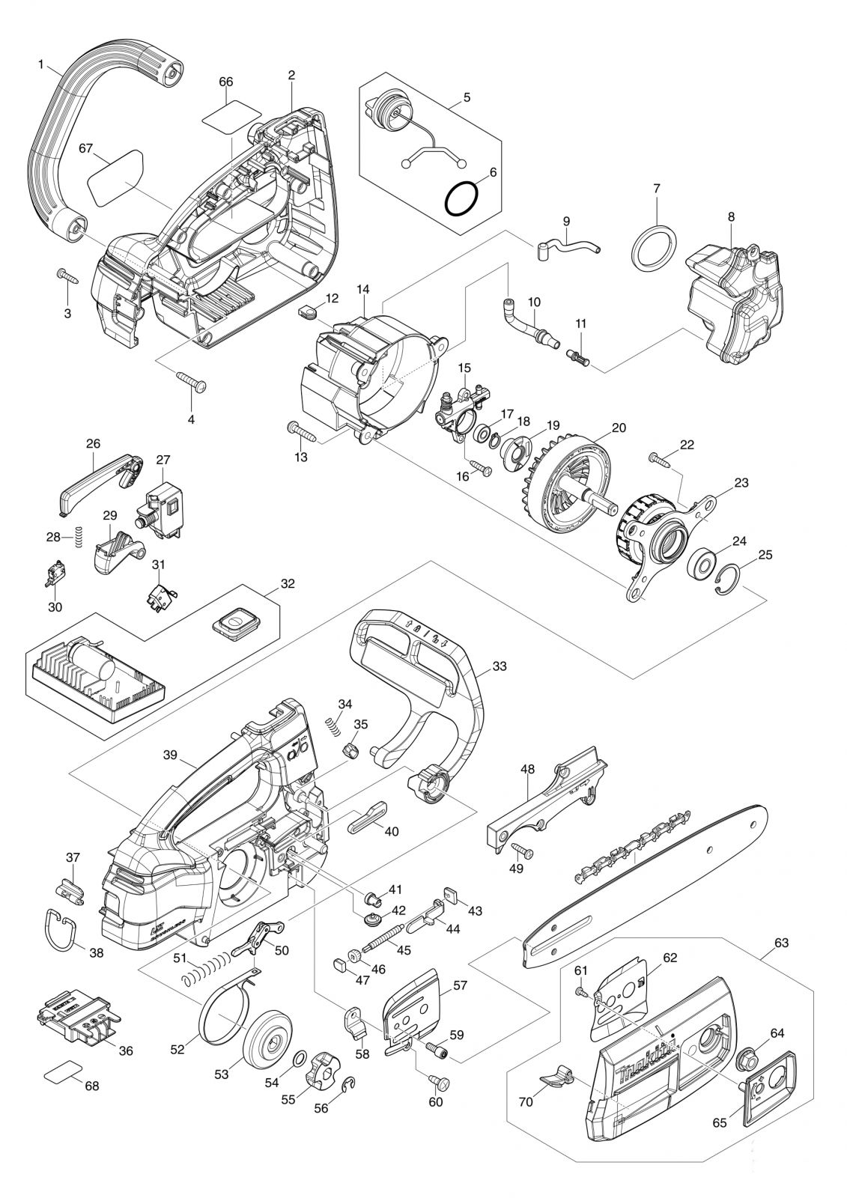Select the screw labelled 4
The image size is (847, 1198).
tap(192, 381)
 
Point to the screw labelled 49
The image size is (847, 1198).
tap(523, 850)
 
